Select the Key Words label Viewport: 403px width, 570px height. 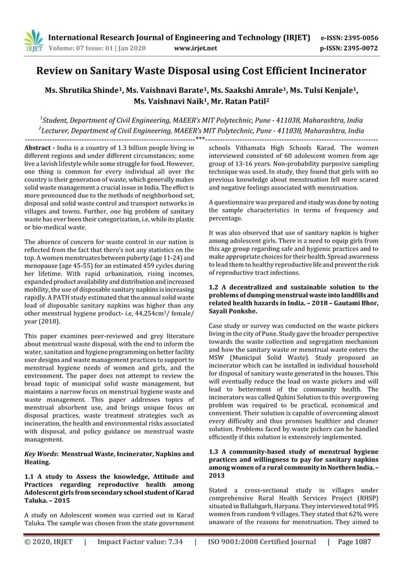[39, 454]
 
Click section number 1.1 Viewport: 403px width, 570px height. [30, 476]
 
